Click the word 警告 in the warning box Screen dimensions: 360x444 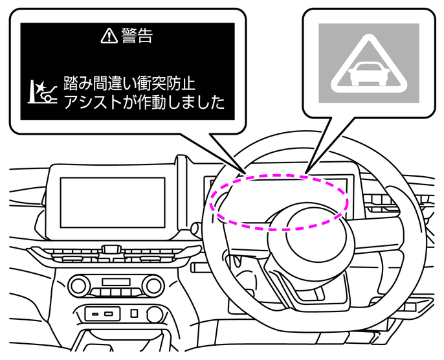tap(137, 36)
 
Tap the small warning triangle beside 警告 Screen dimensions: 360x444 tap(107, 36)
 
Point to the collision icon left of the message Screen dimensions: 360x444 tap(43, 93)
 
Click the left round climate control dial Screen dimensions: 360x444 tap(80, 284)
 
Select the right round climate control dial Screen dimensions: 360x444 tap(153, 284)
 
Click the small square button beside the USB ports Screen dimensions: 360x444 tap(134, 313)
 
